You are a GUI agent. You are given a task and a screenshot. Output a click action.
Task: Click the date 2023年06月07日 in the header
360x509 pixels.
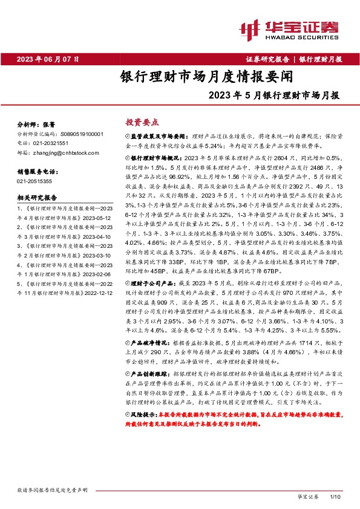click(47, 59)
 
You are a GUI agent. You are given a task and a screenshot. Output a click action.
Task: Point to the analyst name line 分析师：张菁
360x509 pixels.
click(36, 123)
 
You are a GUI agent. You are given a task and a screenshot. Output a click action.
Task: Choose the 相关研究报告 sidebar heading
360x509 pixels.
click(37, 197)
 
